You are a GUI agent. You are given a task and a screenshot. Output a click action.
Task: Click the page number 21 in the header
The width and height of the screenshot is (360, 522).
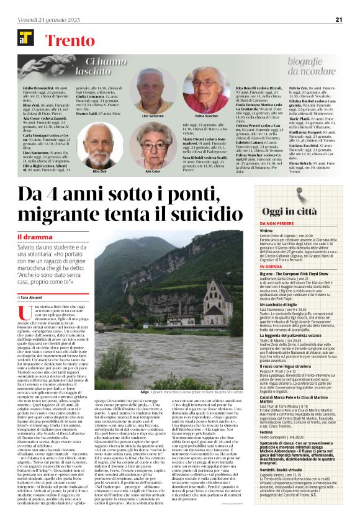pos(339,19)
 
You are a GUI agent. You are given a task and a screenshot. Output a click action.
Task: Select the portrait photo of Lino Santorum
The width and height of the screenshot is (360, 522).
pos(156,91)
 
